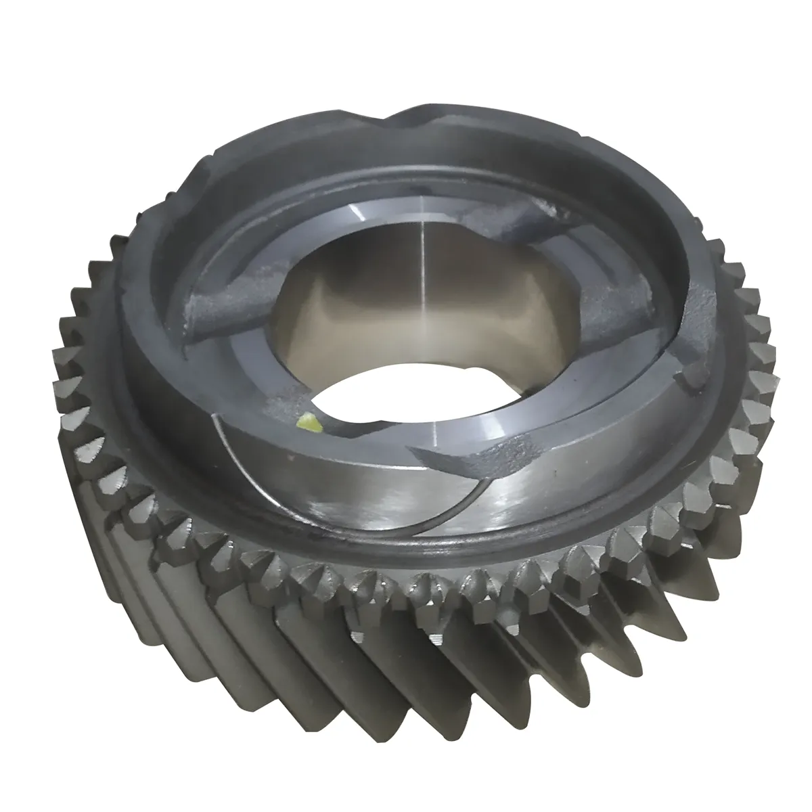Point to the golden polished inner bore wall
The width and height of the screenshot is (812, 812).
pos(379,311)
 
